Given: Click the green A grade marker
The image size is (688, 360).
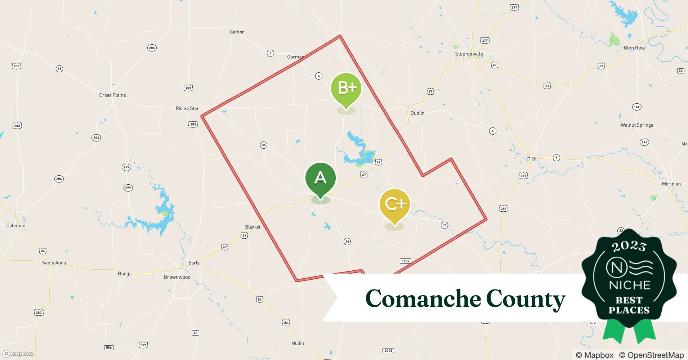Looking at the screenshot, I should click(x=320, y=178).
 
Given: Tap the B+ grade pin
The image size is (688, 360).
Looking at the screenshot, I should click(x=346, y=88).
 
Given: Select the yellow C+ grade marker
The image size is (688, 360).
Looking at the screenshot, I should click(x=395, y=204).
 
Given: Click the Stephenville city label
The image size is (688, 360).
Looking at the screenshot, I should click(x=469, y=54).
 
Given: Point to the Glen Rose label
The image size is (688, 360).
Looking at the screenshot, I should click(x=635, y=48).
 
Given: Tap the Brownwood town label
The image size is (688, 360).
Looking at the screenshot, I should click(x=177, y=277).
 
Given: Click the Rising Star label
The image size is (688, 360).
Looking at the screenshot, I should click(x=187, y=108).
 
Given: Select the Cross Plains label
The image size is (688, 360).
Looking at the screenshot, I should click(x=112, y=95).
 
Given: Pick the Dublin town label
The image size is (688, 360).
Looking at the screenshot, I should click(x=417, y=113).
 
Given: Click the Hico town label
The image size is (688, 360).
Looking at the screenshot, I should click(x=532, y=158).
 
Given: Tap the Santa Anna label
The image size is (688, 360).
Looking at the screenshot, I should click(x=54, y=263).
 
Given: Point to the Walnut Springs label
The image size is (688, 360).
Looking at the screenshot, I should click(x=636, y=125).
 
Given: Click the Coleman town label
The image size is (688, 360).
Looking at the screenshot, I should click(x=16, y=226).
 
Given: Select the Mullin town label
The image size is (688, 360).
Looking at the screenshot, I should click(x=298, y=343).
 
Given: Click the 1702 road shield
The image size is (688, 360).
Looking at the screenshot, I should click(x=405, y=261).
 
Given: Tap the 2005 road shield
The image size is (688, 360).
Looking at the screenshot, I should click(x=388, y=351).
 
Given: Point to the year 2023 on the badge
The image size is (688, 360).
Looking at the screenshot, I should click(x=629, y=246).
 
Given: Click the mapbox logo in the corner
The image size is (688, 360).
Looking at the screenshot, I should click(x=18, y=354).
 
